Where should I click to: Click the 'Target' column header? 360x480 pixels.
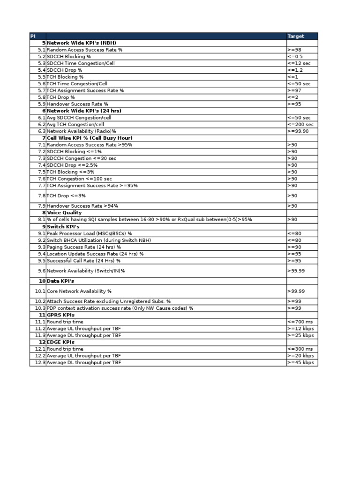[296, 36]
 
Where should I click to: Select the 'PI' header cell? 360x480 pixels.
[33, 36]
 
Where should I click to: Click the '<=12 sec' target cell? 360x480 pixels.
[299, 63]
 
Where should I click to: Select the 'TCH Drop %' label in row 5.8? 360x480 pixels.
[61, 97]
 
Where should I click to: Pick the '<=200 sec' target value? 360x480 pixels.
[300, 125]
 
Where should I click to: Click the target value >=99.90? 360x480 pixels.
[298, 131]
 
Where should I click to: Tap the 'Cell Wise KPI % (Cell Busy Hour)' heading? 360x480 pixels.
[90, 138]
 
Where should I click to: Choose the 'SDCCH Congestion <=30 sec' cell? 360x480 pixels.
[82, 158]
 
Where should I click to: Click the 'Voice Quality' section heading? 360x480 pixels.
[64, 213]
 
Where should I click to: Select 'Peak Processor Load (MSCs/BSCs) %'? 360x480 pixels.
[90, 233]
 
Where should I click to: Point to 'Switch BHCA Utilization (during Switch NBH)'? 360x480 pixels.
[99, 240]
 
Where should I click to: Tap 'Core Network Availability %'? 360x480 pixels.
[79, 291]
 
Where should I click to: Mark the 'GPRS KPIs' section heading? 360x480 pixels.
[61, 315]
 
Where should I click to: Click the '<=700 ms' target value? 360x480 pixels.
[300, 322]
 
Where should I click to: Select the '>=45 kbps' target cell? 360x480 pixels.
[300, 363]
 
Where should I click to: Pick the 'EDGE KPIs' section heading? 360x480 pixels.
[61, 342]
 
